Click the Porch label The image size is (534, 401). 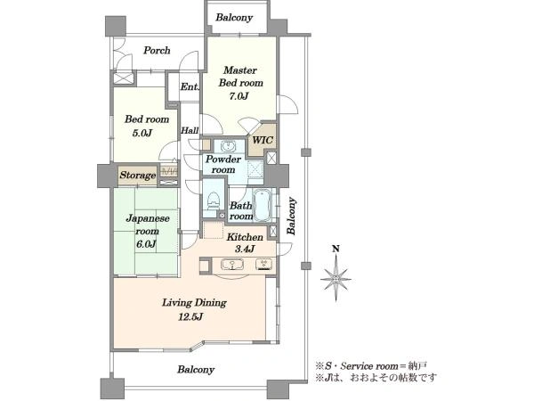[157, 51]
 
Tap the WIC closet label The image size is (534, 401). [263, 140]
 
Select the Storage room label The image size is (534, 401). [138, 176]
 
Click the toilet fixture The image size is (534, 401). [214, 201]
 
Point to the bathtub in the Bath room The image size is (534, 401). [262, 206]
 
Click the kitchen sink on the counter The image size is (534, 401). [232, 265]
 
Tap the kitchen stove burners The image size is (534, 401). [264, 265]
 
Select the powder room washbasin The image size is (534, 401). [227, 147]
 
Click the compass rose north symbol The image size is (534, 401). [336, 279]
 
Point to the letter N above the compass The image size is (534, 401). [336, 249]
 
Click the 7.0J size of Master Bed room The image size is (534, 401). [239, 96]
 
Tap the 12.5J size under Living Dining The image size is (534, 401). [190, 317]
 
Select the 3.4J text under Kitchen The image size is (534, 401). [245, 250]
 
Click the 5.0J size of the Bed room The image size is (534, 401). [142, 133]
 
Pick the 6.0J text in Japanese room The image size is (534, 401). [146, 244]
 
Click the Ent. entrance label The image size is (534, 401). [190, 87]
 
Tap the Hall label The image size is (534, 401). [190, 130]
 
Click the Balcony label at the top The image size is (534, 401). [234, 18]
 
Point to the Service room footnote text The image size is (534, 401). [370, 366]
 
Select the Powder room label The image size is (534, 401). [223, 164]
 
